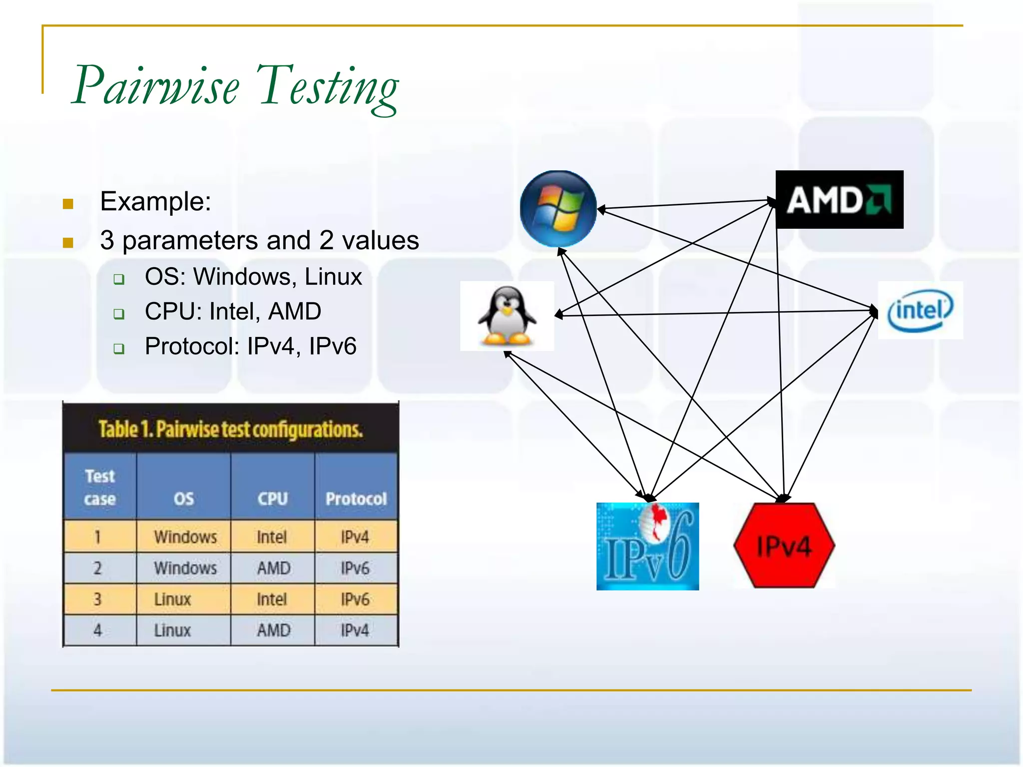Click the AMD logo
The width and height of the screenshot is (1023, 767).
(839, 200)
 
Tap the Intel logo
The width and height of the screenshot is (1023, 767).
(920, 311)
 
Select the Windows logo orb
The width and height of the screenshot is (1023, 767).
(558, 209)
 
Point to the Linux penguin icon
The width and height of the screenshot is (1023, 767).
(507, 316)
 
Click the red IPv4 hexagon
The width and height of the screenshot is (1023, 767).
(784, 545)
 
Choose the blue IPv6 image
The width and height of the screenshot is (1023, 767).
(647, 546)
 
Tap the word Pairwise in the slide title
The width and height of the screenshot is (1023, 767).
(156, 86)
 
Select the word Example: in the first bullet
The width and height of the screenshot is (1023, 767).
(155, 201)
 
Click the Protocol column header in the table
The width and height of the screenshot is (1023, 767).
(356, 498)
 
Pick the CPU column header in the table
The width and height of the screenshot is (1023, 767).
(273, 498)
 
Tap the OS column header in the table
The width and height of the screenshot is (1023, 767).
(184, 498)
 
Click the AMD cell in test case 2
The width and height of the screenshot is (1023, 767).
(273, 568)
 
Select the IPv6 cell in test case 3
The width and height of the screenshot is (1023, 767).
(355, 599)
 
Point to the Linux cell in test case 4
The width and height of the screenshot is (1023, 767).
(172, 630)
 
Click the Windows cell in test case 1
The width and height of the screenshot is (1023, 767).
(185, 537)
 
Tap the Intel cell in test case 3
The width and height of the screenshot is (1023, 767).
(272, 599)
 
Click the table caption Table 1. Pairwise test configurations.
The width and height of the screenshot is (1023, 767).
(230, 429)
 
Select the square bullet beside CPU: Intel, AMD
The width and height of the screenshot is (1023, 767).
(119, 314)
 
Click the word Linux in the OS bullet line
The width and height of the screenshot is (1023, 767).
(333, 277)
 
